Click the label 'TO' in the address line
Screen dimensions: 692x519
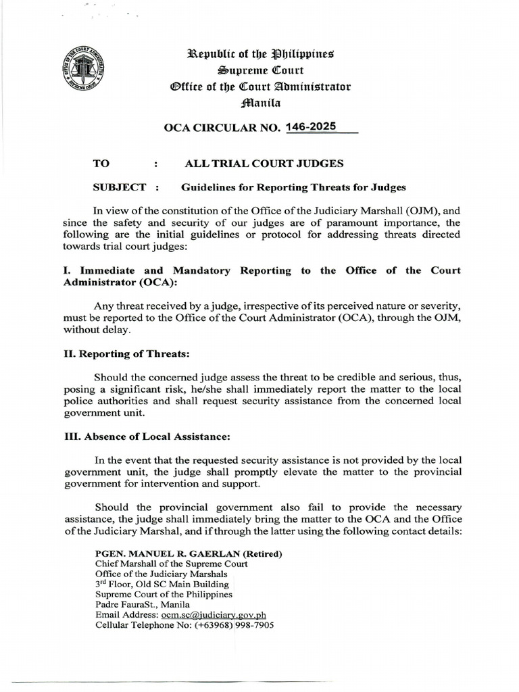coord(100,164)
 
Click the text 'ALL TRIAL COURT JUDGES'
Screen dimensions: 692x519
coord(264,164)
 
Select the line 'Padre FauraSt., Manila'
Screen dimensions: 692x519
coord(143,605)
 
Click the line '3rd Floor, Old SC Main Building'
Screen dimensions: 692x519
coord(162,584)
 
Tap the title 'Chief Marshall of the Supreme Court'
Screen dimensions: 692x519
coord(171,564)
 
